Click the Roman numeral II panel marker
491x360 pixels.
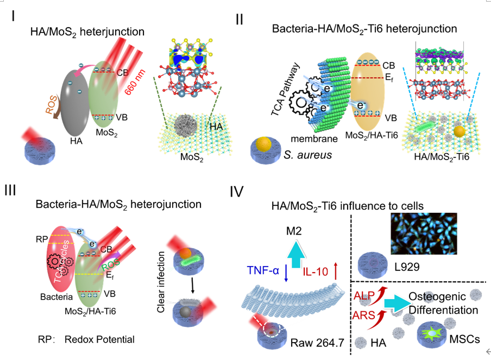click(x=240, y=20)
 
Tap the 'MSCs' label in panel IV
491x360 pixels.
click(x=465, y=340)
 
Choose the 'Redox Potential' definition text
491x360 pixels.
click(x=99, y=339)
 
